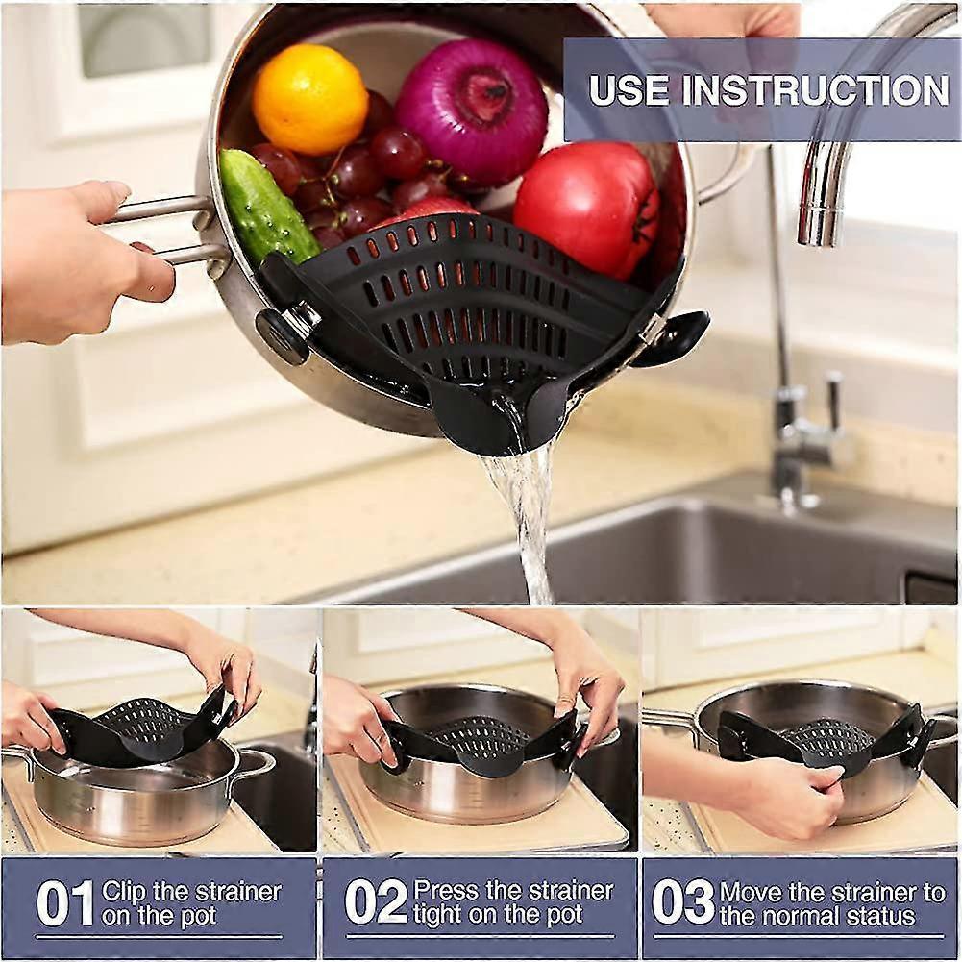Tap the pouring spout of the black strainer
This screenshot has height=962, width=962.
500,417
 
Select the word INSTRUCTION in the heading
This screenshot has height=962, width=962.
815,90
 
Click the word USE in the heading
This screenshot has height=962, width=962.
629,90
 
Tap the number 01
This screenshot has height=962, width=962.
64,903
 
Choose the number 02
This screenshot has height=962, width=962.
376,903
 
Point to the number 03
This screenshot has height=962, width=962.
683,903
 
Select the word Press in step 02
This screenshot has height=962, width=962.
444,890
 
